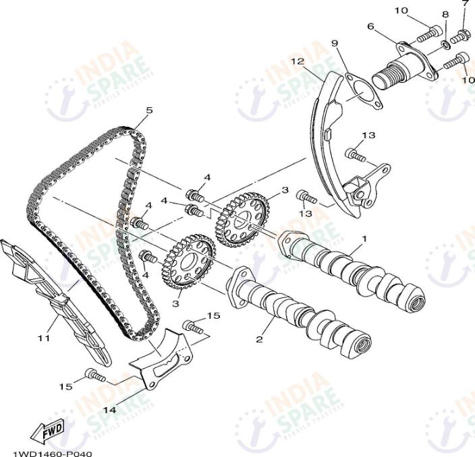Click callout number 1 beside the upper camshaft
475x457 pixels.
tap(364, 239)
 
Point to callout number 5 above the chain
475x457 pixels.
tap(149, 110)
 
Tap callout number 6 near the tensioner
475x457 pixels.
tap(370, 26)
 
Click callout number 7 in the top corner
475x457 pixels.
tap(464, 4)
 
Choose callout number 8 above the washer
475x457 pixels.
tap(445, 15)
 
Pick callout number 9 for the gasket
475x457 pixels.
tap(334, 44)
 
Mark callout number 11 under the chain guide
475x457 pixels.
tap(44, 338)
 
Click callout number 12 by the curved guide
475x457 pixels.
tap(298, 61)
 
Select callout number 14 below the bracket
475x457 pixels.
tap(109, 409)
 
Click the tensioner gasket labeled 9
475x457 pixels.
tap(360, 94)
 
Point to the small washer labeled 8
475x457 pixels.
tap(446, 45)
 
